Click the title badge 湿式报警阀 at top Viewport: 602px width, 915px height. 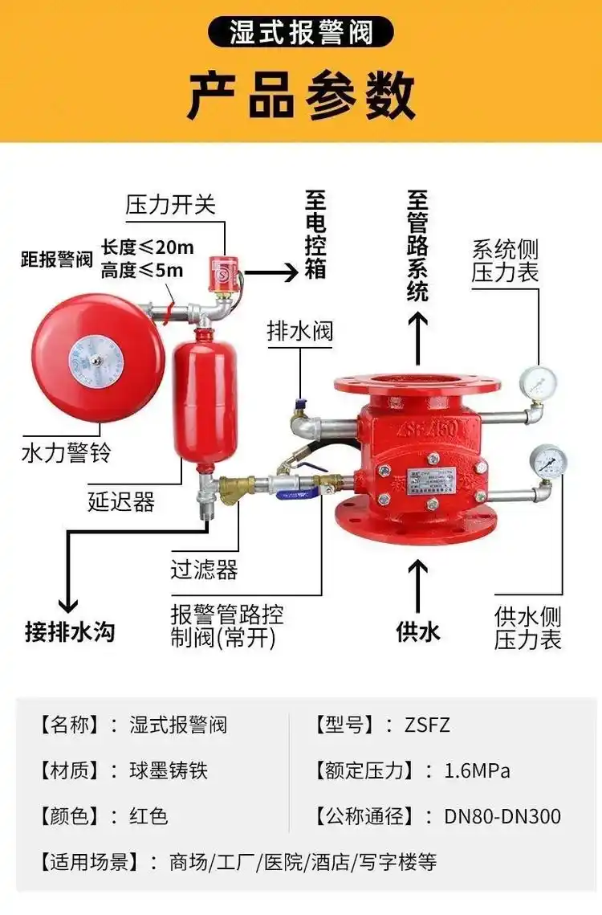click(300, 33)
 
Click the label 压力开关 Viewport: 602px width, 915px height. click(171, 204)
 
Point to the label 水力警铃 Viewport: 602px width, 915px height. click(66, 453)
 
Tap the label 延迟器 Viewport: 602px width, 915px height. click(121, 503)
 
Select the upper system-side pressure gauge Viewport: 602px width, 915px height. click(538, 384)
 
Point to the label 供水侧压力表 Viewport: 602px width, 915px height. click(528, 628)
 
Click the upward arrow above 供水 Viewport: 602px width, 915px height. click(417, 584)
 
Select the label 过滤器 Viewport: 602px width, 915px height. click(204, 570)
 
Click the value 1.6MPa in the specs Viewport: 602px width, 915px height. click(478, 771)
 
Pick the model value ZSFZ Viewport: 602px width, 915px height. click(428, 725)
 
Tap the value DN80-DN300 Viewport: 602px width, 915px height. click(502, 817)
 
